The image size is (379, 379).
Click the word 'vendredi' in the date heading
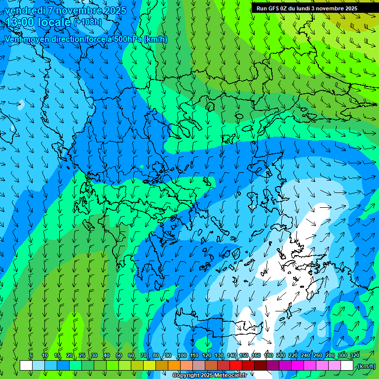click(22, 10)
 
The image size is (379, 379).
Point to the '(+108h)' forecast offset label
click(88, 22)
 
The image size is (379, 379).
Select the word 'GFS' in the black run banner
click(272, 8)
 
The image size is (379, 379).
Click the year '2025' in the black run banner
click(348, 8)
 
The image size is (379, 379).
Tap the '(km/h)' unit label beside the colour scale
click(366, 366)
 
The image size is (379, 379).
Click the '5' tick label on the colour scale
click(31, 356)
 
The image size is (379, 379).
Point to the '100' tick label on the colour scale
click(182, 356)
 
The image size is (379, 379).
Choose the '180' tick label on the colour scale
click(268, 356)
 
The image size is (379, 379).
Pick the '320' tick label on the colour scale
click(354, 356)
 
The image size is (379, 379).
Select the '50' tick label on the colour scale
click(119, 356)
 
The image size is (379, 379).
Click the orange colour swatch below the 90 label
click(174, 366)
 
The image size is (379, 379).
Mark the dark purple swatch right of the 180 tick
click(273, 366)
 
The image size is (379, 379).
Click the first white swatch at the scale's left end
click(26, 366)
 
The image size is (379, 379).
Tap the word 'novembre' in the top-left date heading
click(77, 10)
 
